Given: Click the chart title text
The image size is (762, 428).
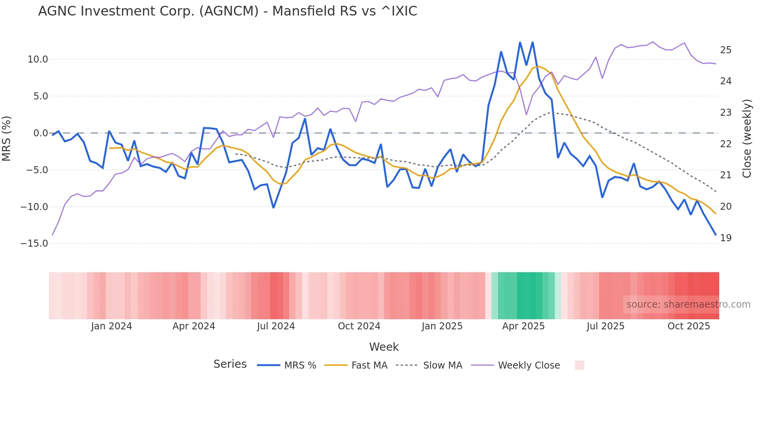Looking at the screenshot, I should [227, 11].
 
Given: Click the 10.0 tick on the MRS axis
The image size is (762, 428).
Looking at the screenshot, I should [37, 59].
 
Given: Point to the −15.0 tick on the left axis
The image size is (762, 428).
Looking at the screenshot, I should [34, 244].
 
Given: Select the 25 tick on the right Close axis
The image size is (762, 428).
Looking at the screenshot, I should [725, 50].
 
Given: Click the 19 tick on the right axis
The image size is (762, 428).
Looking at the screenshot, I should [725, 238].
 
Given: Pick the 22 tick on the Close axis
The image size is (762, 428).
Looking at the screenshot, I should [725, 144].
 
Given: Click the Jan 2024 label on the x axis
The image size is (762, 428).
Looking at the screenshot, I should [112, 326].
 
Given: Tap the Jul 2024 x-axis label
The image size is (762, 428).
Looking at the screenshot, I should [276, 326].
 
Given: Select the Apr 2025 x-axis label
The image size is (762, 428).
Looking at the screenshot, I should [523, 326].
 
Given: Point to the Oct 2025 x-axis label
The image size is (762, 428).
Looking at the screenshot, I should [689, 326].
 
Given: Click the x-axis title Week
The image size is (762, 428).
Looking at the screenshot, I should [384, 347].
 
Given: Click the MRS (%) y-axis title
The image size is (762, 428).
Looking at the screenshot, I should [7, 139].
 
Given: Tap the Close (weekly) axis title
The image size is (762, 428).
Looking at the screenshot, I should [746, 139].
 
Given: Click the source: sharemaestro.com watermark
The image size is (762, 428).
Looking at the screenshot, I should [688, 304].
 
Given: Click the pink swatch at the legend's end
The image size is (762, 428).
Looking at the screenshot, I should [579, 365].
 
